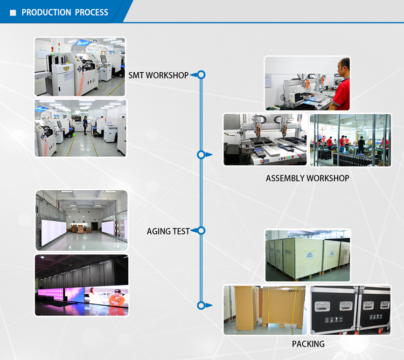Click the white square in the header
pos(13,12)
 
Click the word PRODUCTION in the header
pos(46,12)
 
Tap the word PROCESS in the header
pos(92,12)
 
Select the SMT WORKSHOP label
pos(158,75)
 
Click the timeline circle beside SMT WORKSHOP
pos(201,75)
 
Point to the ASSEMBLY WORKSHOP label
pos(308,178)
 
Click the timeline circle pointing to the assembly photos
pos(201,155)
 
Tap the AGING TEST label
pos(168,231)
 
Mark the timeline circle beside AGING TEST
pos(201,231)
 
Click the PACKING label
pos(308,344)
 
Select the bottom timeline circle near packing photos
pos(201,306)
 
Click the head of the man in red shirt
pos(344,67)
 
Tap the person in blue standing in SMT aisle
pos(85,125)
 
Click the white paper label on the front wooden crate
pos(309,255)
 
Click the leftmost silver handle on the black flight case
pos(322,306)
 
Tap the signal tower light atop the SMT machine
pos(59,47)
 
